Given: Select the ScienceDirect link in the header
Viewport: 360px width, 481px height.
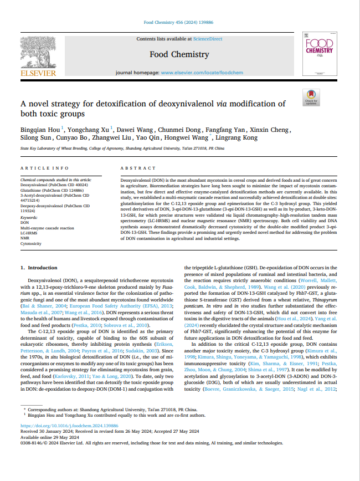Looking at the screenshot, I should click(207, 39).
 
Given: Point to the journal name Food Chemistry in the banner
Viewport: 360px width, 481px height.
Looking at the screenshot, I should click(179, 54).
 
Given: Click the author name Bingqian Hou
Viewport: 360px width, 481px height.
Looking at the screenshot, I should click(38, 129).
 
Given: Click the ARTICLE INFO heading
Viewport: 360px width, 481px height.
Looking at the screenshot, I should click(44, 168).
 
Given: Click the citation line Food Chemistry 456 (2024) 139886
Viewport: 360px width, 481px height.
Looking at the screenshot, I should click(179, 23).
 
